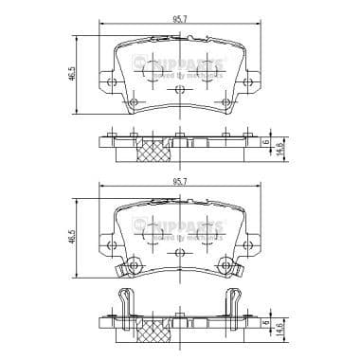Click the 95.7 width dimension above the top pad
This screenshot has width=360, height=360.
coord(178,20)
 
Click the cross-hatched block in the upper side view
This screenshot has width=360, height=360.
coord(152,152)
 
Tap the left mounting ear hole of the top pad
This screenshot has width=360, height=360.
coord(115,82)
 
